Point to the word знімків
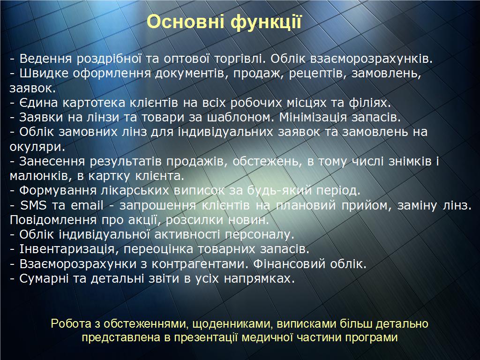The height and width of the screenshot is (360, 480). pos(410,161)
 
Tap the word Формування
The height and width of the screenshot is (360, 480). pos(58,191)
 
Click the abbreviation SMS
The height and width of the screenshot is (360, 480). pos(33,205)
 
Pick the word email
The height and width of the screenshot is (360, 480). pos(87,205)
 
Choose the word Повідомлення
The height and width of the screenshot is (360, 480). pos(53,220)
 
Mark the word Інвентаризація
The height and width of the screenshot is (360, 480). pos(67,249)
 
